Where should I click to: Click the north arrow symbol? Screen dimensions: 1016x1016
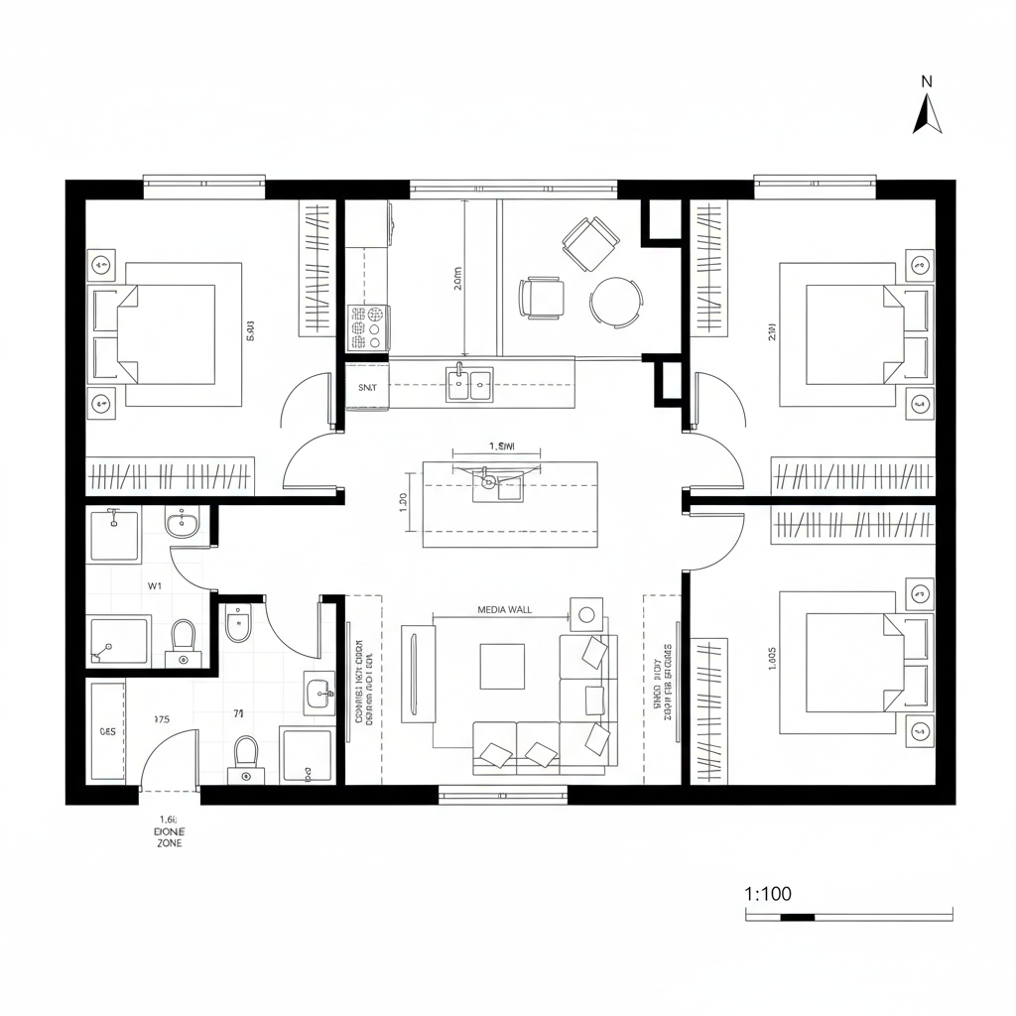[927, 112]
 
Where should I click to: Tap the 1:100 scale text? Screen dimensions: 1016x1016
[768, 893]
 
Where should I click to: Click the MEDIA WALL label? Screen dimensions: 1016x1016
[504, 610]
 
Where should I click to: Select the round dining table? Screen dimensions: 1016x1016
[615, 301]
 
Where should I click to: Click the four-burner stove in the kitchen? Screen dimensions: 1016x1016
[367, 326]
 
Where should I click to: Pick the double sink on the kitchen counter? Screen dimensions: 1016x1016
[470, 383]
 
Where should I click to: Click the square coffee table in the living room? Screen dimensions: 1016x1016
[502, 667]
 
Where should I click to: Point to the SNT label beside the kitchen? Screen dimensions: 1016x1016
[367, 388]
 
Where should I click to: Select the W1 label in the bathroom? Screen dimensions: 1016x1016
[155, 585]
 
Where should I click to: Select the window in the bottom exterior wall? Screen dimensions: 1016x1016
[503, 794]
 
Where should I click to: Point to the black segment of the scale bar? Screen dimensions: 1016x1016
[797, 917]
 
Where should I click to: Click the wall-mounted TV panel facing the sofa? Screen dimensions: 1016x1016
[409, 674]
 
